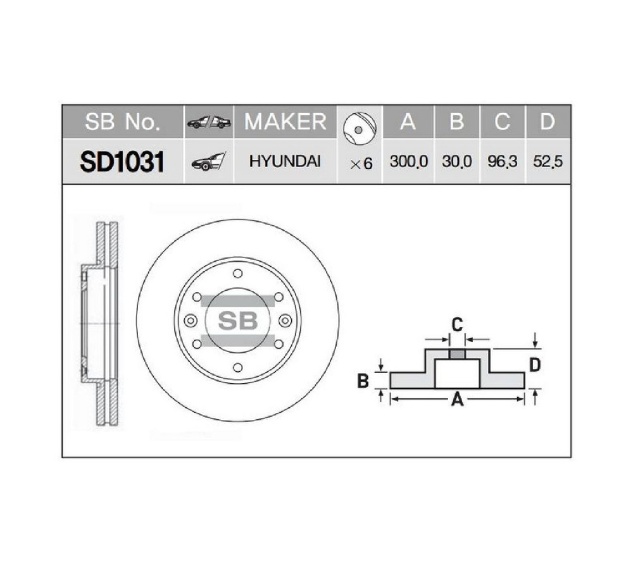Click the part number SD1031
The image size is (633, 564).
tap(122, 162)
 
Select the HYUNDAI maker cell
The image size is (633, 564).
tap(285, 161)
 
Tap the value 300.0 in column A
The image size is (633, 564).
tap(408, 162)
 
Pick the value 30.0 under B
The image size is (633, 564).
tap(456, 162)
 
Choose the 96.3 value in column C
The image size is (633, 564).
tap(502, 162)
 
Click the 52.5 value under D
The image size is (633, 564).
tap(548, 162)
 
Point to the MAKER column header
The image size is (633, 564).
tap(285, 121)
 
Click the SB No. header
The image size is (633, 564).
tap(122, 121)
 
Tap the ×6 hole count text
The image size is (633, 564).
tap(361, 164)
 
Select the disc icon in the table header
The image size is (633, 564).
tap(360, 129)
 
